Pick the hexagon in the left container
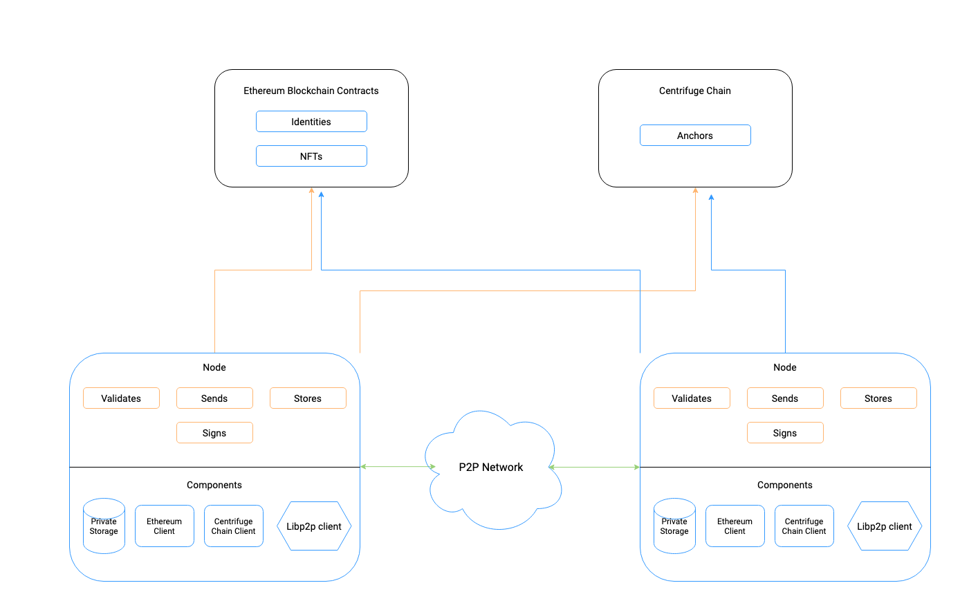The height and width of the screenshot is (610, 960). pyautogui.click(x=314, y=526)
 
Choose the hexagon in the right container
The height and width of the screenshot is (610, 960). pyautogui.click(x=885, y=526)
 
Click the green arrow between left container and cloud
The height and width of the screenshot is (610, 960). pyautogui.click(x=398, y=467)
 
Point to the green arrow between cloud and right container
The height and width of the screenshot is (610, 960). pyautogui.click(x=595, y=467)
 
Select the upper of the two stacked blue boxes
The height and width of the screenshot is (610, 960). pyautogui.click(x=311, y=121)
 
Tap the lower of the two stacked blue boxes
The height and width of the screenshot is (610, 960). pyautogui.click(x=311, y=156)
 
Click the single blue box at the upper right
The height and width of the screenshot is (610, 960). pyautogui.click(x=695, y=135)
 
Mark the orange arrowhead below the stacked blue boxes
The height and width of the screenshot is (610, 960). pyautogui.click(x=311, y=190)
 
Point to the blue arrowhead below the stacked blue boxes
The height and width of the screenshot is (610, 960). pyautogui.click(x=322, y=194)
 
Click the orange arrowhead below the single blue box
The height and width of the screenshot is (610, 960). pyautogui.click(x=695, y=190)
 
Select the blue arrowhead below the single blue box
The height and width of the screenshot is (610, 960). pyautogui.click(x=711, y=198)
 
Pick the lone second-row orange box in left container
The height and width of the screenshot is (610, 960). pyautogui.click(x=214, y=432)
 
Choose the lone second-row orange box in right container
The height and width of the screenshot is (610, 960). pyautogui.click(x=785, y=432)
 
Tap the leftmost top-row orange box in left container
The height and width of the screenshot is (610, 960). pyautogui.click(x=121, y=398)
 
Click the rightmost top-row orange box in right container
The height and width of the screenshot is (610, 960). pyautogui.click(x=878, y=398)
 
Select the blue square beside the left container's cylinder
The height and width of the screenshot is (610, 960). pyautogui.click(x=165, y=526)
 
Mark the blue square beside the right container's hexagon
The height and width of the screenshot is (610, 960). pyautogui.click(x=804, y=526)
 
